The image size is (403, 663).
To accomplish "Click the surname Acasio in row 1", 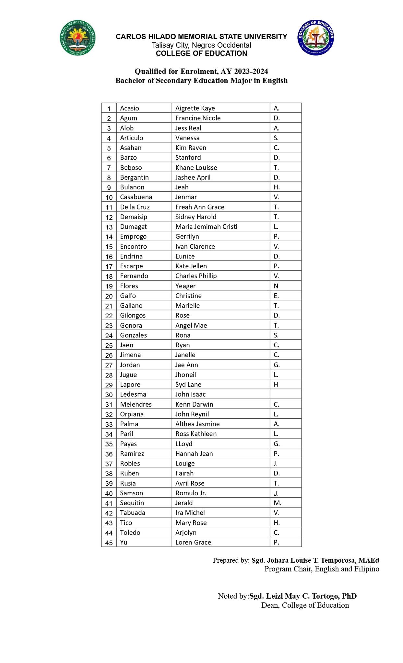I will (x=129, y=108).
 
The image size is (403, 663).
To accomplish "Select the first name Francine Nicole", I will (x=198, y=118).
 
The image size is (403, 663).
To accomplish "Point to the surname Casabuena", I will (x=136, y=197).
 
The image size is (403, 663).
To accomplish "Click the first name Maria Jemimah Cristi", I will (x=206, y=227).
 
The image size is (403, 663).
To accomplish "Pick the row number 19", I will (x=109, y=286).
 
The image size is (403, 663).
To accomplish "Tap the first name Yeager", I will (x=185, y=286).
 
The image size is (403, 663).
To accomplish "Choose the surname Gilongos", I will (x=133, y=315).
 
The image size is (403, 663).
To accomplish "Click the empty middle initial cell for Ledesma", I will (x=285, y=394).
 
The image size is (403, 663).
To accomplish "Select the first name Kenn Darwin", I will (x=194, y=404).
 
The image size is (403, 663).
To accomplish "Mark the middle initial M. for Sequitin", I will (x=278, y=503).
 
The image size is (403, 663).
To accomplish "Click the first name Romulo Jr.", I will (x=191, y=493).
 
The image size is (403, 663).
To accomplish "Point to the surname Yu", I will (x=124, y=542).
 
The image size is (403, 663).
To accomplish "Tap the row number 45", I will (x=109, y=543).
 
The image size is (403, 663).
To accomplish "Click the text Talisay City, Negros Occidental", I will (x=201, y=45).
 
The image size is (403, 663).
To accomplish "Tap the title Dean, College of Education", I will (x=305, y=605).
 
